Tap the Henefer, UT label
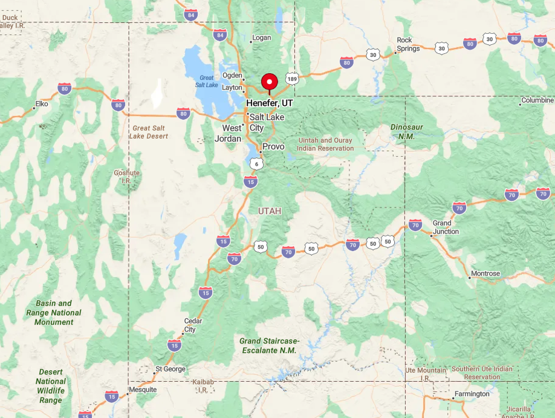tap(270, 103)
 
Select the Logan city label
tap(262, 38)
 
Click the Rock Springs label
tap(408, 44)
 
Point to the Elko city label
tap(42, 104)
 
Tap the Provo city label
tap(273, 146)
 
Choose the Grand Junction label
tap(446, 227)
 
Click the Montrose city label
tap(485, 273)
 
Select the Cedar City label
tap(193, 325)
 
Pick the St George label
tap(170, 369)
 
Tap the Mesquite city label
tap(143, 390)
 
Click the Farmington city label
tap(473, 394)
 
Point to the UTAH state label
tap(270, 211)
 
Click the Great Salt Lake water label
tap(207, 81)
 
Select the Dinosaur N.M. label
tap(406, 132)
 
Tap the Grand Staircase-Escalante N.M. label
tap(269, 345)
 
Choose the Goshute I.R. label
tap(127, 177)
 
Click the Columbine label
tap(537, 100)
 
